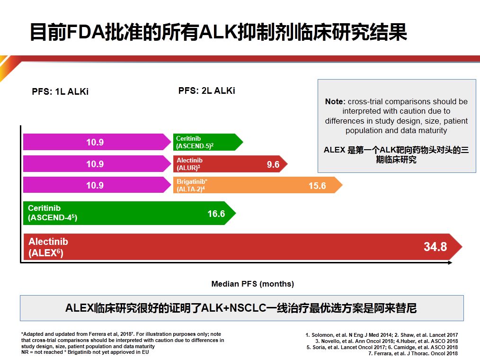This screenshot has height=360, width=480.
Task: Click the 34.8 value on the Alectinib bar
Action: coord(435,247)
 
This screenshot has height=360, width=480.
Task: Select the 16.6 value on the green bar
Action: coord(216,214)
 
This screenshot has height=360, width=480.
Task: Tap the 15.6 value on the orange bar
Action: coord(317,186)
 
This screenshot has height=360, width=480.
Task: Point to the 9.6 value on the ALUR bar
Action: coord(273,164)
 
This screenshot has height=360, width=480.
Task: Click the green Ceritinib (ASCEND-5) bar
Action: coord(206,142)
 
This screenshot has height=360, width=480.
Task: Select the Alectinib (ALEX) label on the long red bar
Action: coord(45,247)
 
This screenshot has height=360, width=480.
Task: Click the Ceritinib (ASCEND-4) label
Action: coord(52,213)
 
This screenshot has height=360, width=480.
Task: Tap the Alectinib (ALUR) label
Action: coord(189,164)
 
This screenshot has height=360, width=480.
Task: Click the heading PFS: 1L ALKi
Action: coord(60,92)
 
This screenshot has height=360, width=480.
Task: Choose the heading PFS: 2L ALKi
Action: coord(206,90)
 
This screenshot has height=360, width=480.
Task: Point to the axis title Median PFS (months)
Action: coord(252,284)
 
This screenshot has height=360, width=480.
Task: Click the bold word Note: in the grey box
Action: coord(335,101)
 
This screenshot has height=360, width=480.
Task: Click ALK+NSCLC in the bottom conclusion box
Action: coord(234,308)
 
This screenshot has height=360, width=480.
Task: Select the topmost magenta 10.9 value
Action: coord(95,142)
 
